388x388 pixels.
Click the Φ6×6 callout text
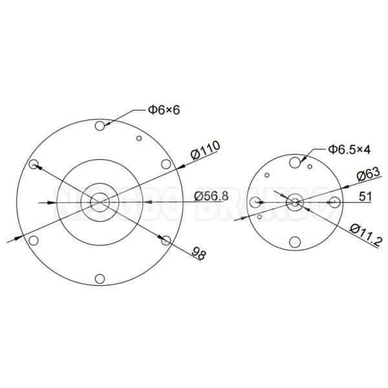click(x=164, y=110)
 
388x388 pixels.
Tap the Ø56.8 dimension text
click(x=211, y=196)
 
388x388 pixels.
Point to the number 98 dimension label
click(x=199, y=253)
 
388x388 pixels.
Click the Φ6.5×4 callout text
click(x=349, y=149)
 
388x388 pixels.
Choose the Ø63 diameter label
click(x=368, y=177)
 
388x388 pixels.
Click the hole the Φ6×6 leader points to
click(x=100, y=126)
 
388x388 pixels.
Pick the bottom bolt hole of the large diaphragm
click(x=100, y=279)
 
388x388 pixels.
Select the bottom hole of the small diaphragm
click(x=295, y=242)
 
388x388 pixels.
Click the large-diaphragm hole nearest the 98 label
click(x=166, y=241)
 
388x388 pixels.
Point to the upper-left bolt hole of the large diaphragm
click(x=34, y=164)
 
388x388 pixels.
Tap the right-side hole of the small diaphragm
click(x=334, y=202)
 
